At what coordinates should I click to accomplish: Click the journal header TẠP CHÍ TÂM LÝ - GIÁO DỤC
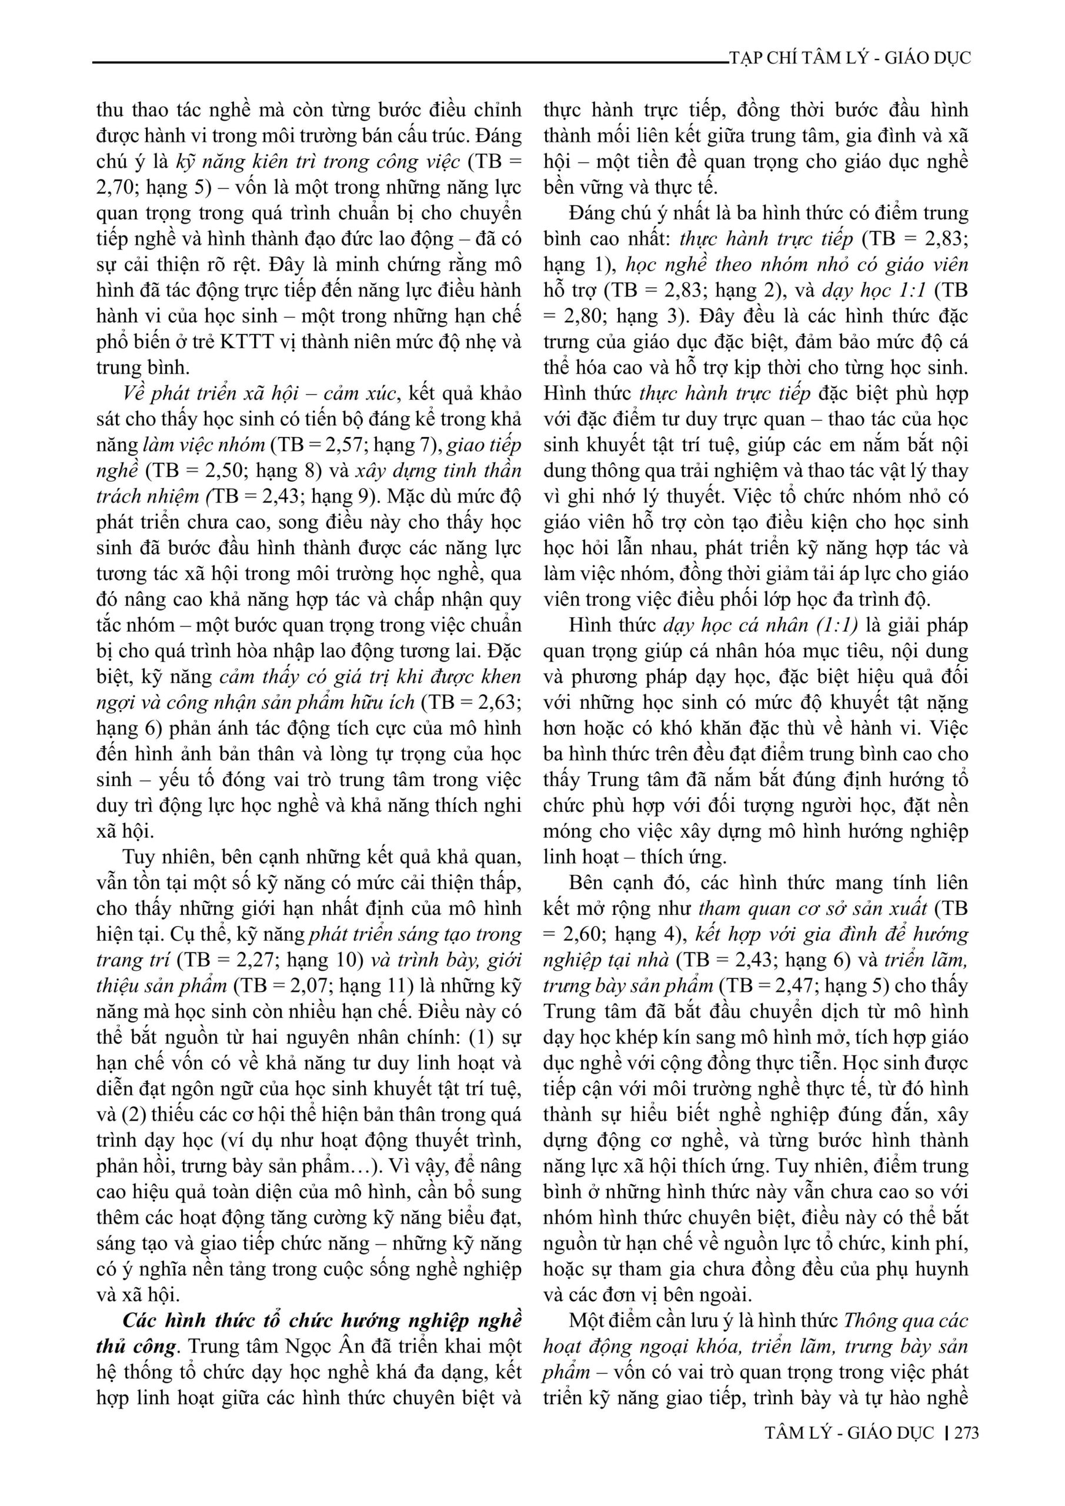point(850,58)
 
